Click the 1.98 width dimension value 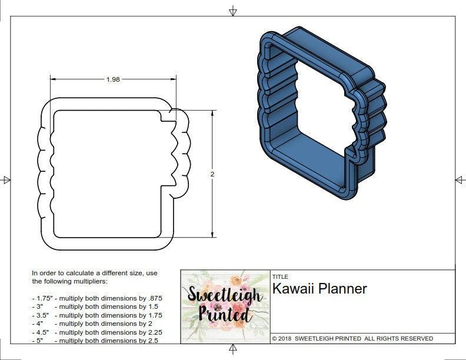113,80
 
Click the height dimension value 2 212,174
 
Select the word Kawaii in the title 291,289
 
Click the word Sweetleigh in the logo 225,296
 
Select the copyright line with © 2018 352,339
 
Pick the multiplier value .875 155,298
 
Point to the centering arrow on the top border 233,11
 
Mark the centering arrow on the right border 460,180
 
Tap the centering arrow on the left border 6,180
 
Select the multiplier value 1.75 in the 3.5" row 154,315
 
